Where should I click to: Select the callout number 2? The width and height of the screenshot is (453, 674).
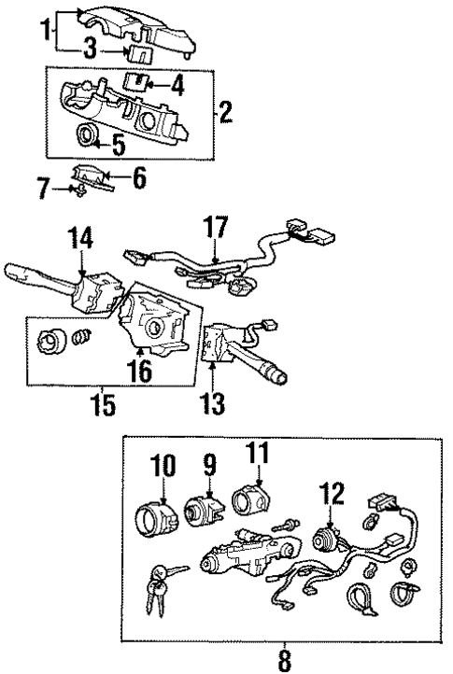[225, 115]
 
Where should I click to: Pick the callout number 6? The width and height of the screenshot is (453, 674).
[138, 176]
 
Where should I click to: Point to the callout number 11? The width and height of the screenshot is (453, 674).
[259, 454]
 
